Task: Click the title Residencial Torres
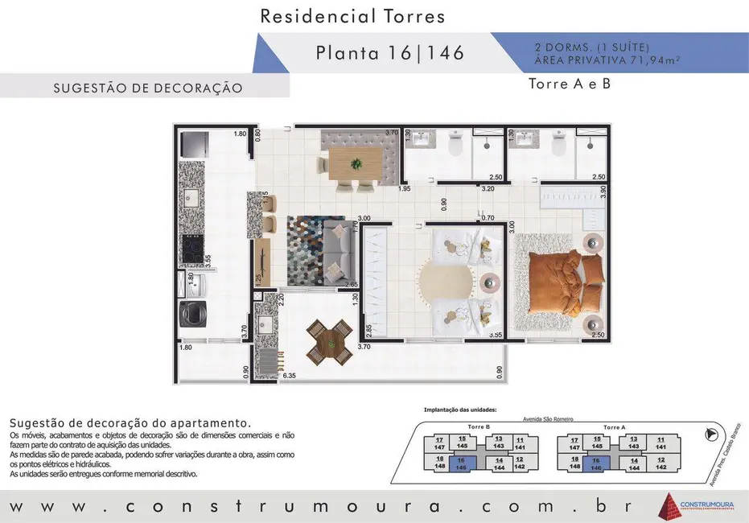(x=353, y=15)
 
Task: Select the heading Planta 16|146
(x=390, y=53)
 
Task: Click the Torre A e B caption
(x=570, y=83)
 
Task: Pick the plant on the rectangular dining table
(x=356, y=163)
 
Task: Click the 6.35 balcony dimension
(x=290, y=376)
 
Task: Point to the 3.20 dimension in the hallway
(x=488, y=190)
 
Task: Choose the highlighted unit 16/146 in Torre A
(x=596, y=463)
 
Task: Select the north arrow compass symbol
(x=710, y=435)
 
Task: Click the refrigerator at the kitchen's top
(x=193, y=144)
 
